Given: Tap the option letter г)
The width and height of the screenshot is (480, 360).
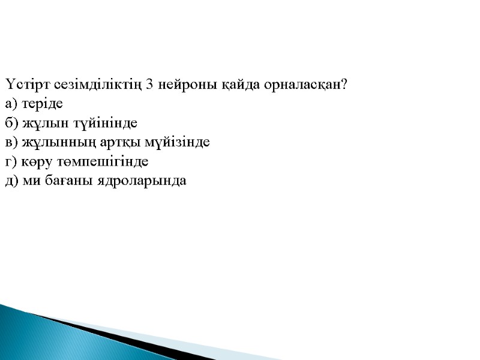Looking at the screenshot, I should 11,161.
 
